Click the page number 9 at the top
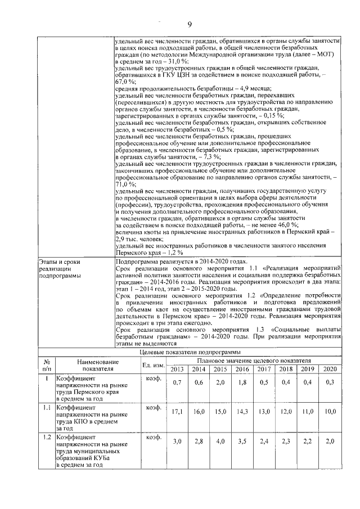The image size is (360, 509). (x=190, y=24)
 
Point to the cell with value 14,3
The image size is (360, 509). (x=243, y=411)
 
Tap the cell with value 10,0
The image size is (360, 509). (x=330, y=411)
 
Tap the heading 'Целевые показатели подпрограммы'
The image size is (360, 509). (x=190, y=352)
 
